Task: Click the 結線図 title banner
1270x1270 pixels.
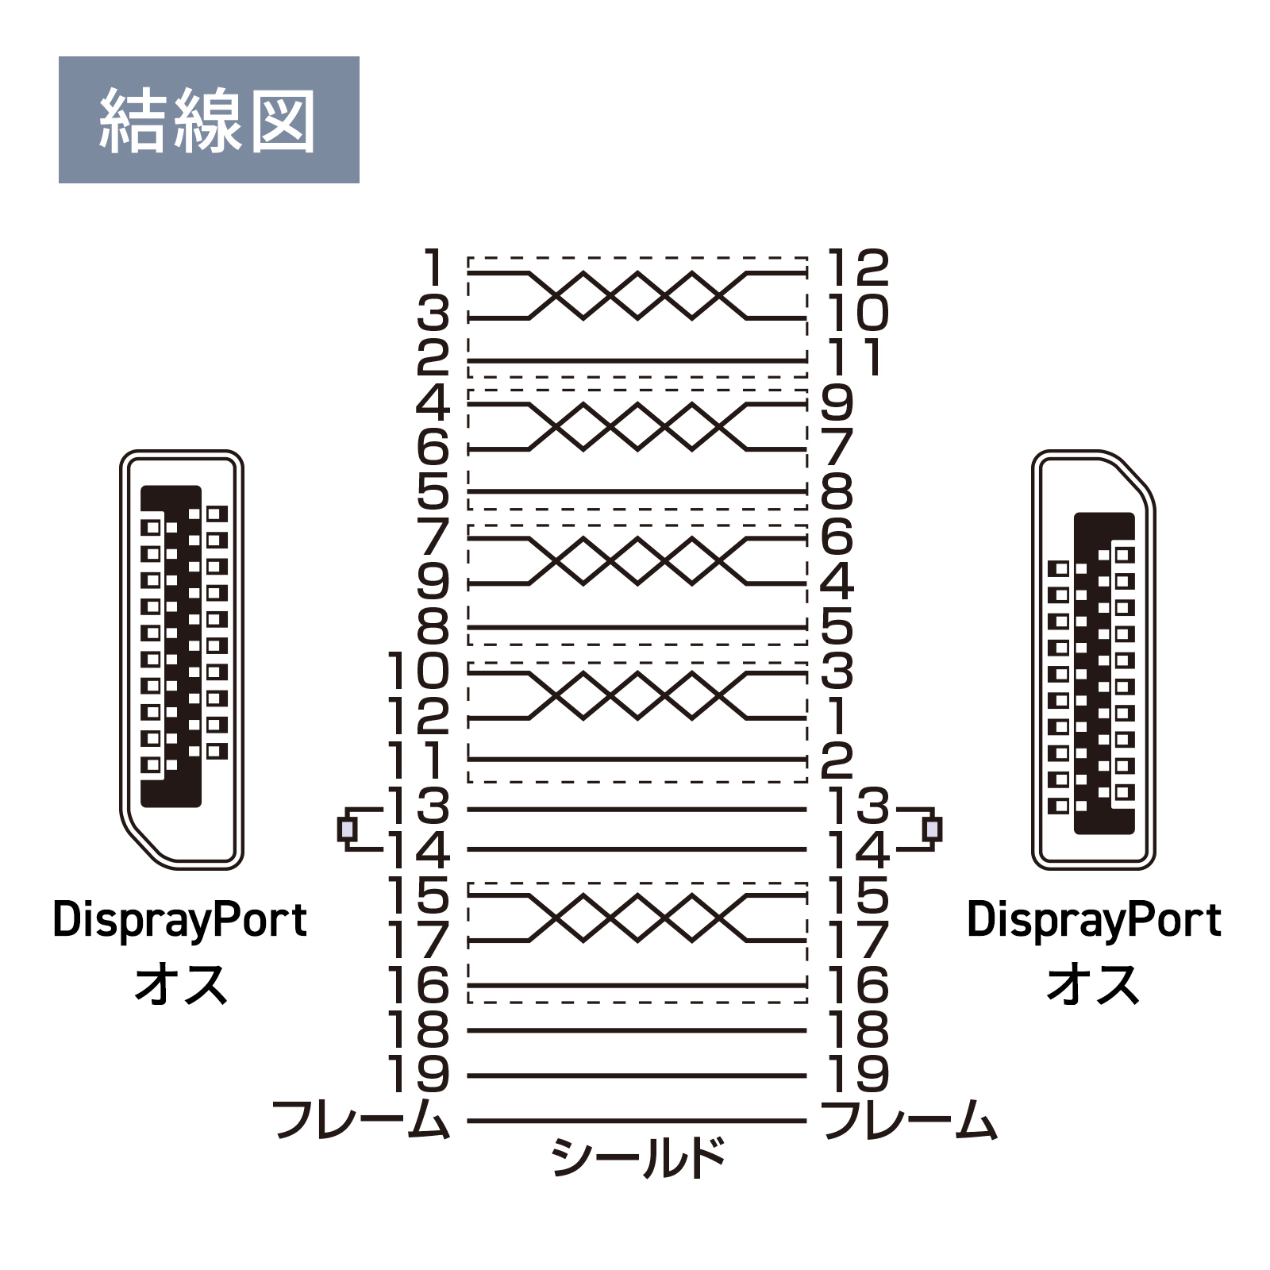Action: pos(209,120)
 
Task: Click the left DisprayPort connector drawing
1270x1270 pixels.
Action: pos(181,660)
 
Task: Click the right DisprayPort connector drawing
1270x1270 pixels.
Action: pos(1093,660)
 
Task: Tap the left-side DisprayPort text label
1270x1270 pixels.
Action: pos(180,920)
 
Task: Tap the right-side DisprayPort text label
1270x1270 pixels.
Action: pos(1094,920)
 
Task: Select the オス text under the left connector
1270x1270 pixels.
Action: pos(181,985)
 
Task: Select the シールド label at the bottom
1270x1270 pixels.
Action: pos(638,1157)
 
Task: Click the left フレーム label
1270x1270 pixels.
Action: pos(361,1119)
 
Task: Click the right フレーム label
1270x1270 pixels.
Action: pos(910,1119)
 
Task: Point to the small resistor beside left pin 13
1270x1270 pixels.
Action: pos(347,829)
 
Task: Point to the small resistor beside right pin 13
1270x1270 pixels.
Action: pos(933,829)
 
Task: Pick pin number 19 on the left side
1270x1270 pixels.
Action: pos(418,1075)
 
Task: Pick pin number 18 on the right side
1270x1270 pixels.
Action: pos(857,1030)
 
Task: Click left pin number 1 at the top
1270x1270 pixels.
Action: pos(433,267)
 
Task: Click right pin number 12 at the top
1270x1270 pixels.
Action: pos(857,267)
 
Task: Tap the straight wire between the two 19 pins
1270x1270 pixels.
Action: pos(637,1076)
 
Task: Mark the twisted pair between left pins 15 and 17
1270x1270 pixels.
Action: pos(637,918)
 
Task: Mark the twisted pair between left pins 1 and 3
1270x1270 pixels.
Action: pos(637,295)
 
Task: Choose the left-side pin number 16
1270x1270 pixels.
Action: pos(418,985)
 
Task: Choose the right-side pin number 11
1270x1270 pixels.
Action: pos(854,357)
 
